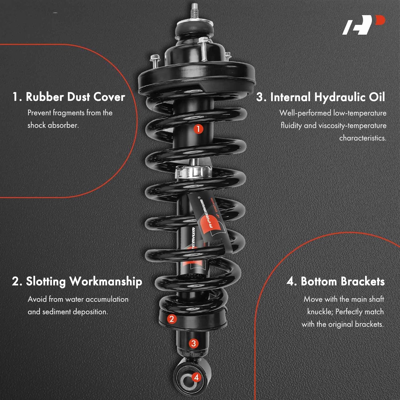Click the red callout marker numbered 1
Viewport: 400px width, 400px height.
[198, 129]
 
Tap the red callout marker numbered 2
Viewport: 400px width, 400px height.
[171, 319]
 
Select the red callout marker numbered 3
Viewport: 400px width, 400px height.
[194, 343]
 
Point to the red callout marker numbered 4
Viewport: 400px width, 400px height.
[196, 377]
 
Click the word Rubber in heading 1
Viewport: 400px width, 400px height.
[45, 97]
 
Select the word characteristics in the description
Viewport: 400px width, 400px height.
[363, 138]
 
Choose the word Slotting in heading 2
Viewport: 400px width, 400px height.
[46, 282]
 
